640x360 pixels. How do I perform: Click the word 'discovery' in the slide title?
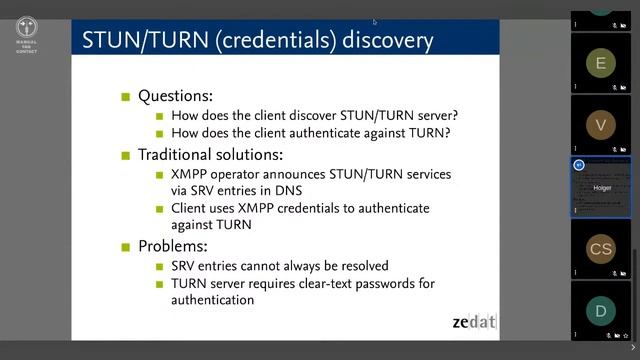coord(384,40)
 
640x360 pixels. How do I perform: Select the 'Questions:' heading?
coord(175,97)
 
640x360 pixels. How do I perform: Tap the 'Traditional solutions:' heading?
coord(210,155)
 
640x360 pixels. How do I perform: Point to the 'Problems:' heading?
coord(174,246)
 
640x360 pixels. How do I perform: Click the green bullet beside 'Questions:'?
coord(126,98)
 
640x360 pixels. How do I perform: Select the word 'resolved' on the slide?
coord(359,266)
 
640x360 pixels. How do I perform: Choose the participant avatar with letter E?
coord(600,63)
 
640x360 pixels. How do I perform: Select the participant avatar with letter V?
coord(600,125)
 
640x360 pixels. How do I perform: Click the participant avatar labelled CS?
coord(600,249)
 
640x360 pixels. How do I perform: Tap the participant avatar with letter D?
coord(600,311)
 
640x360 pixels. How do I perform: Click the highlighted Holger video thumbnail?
coord(600,187)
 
